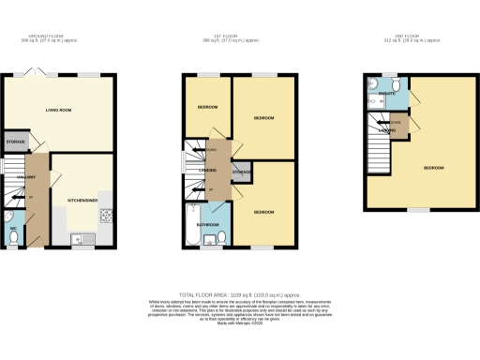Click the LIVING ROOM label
pos(59,111)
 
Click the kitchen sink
pos(78,239)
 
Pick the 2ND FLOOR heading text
pos(410,38)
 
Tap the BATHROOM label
pos(207,224)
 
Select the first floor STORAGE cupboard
pos(241,173)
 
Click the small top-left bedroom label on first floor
pos(206,108)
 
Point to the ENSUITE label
pos(384,95)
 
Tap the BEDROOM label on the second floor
pos(432,168)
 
